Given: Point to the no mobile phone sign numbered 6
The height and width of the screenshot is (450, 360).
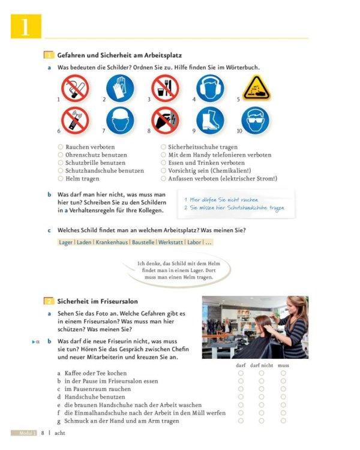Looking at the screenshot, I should click(75, 121).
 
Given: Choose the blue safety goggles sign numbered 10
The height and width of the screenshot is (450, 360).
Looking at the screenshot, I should click(256, 121).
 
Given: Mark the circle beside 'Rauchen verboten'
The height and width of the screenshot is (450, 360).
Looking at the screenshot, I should click(61, 147).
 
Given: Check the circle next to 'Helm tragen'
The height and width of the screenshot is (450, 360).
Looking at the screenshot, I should click(61, 178).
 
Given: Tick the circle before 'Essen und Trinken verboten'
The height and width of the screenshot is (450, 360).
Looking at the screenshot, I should click(163, 163).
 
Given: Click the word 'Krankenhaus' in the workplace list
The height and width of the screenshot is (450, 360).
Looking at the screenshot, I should click(113, 242).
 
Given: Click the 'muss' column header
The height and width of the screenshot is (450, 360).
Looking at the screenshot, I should click(283, 365).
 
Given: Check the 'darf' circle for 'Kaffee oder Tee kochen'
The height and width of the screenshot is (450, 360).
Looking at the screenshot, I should click(241, 373).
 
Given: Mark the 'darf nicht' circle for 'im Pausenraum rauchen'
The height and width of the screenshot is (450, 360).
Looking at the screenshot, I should click(262, 389).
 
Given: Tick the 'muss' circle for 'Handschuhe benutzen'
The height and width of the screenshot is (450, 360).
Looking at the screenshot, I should click(283, 397).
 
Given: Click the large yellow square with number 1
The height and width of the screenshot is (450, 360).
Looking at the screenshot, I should click(26, 26).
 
